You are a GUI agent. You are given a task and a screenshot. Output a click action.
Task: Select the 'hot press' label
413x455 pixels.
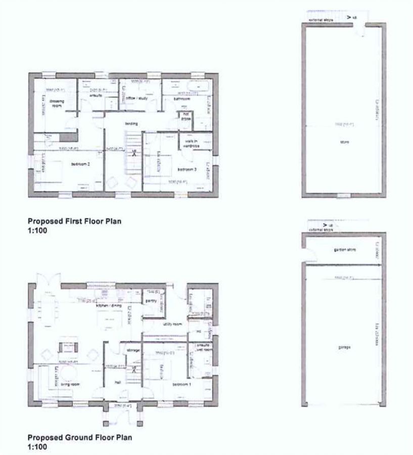click(x=186, y=118)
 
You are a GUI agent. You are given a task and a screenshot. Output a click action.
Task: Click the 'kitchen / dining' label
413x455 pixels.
click(x=107, y=305)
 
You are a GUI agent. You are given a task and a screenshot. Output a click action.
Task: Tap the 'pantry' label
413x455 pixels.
click(x=150, y=301)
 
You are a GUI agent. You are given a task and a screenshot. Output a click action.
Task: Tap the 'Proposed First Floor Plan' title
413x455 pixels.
click(x=74, y=221)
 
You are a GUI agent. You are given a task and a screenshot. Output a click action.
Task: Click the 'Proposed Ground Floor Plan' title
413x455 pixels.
click(x=79, y=438)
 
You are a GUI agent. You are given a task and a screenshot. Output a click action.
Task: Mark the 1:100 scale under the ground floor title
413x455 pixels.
click(x=37, y=447)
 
